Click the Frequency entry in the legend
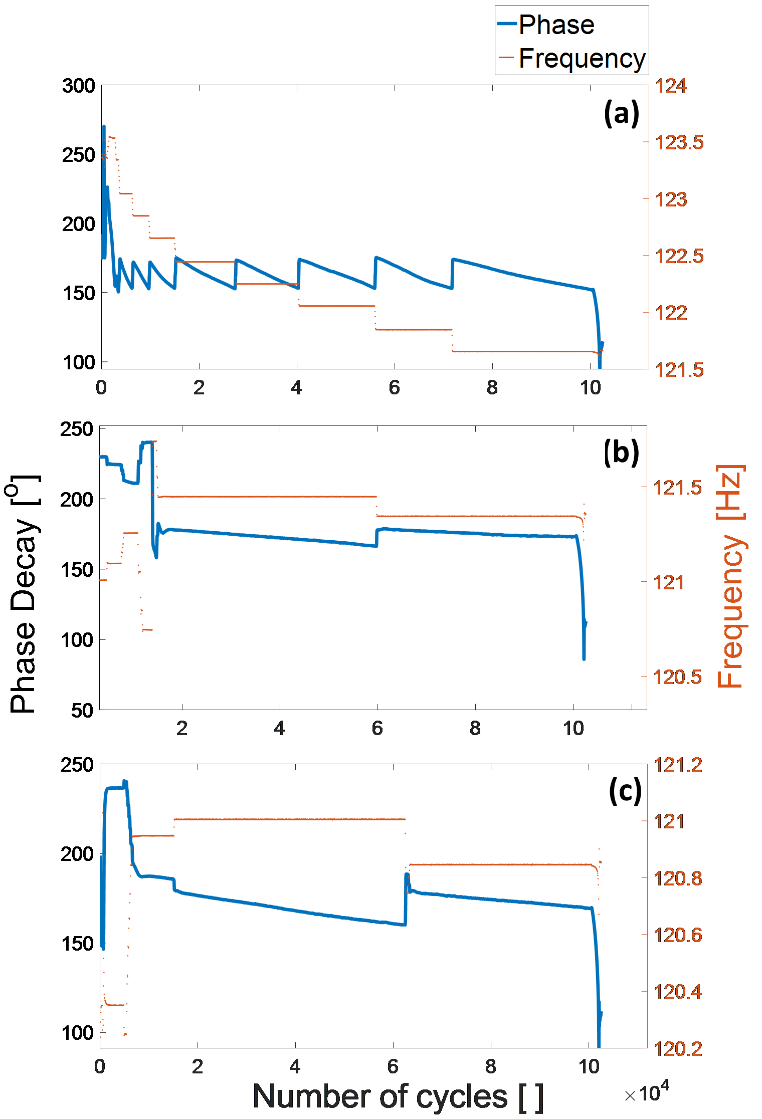point(582,58)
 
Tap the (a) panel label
point(621,113)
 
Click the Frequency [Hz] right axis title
point(730,576)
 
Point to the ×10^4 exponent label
point(646,1092)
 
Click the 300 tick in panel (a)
point(79,86)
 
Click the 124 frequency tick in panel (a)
point(671,86)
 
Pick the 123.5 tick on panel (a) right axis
point(679,142)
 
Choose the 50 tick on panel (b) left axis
point(82,710)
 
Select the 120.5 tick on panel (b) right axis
point(677,677)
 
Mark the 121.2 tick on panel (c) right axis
point(678,765)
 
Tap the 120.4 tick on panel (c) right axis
point(678,991)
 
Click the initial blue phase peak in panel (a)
point(104,127)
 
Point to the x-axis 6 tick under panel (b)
point(377,728)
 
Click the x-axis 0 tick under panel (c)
point(100,1066)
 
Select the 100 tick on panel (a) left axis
point(79,362)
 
